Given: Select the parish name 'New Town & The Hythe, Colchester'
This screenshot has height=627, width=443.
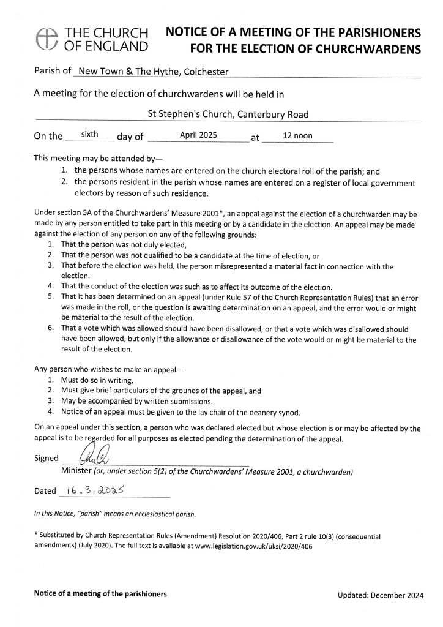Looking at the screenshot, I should pyautogui.click(x=151, y=72).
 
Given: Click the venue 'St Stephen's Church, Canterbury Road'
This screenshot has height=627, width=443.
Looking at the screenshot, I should pyautogui.click(x=229, y=114).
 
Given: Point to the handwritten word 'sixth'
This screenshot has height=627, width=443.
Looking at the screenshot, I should pyautogui.click(x=90, y=133).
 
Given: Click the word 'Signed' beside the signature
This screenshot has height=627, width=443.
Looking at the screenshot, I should pyautogui.click(x=47, y=458).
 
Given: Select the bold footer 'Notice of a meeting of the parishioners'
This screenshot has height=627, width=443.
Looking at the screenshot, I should pyautogui.click(x=100, y=594).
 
